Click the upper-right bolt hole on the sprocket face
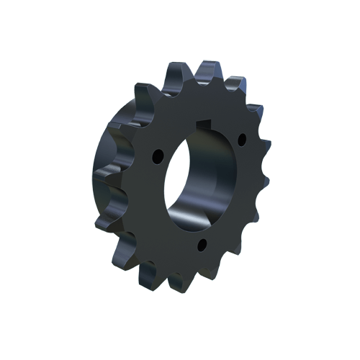242,136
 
